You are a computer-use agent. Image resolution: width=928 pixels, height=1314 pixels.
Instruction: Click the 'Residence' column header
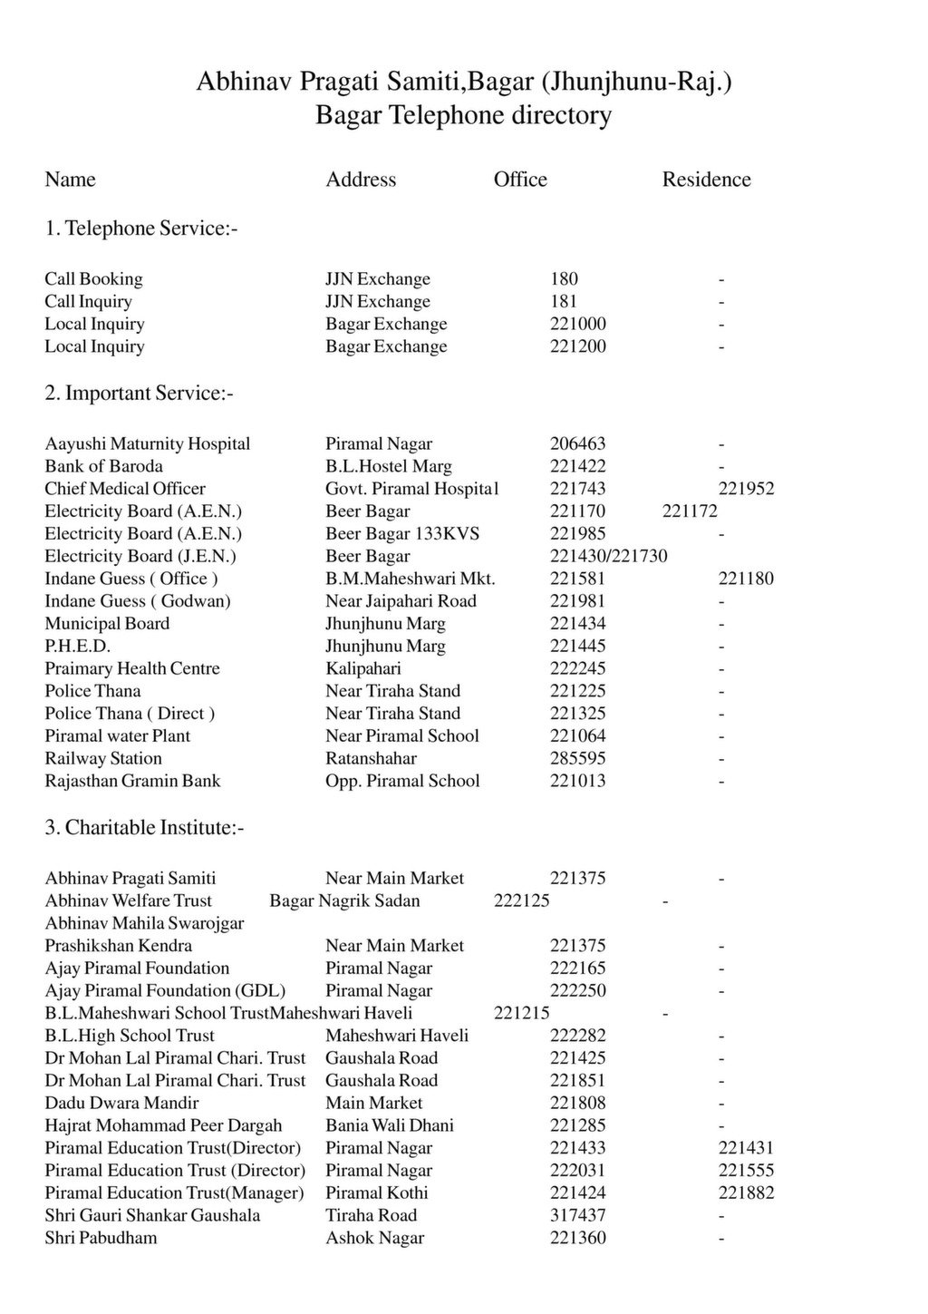[x=706, y=180]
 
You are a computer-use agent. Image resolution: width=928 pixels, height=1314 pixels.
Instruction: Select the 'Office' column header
[x=520, y=180]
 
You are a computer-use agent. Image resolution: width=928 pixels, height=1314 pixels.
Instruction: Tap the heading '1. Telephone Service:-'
[x=141, y=229]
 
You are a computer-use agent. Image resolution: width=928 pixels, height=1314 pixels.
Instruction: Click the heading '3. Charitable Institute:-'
[x=145, y=828]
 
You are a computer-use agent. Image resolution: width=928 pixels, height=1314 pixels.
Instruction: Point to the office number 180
[x=564, y=279]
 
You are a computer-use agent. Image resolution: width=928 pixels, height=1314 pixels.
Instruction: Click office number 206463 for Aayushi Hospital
[x=577, y=444]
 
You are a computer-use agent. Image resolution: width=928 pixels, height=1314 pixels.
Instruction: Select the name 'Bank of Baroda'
[x=104, y=467]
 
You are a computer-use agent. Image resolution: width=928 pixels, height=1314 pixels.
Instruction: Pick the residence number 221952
[x=746, y=490]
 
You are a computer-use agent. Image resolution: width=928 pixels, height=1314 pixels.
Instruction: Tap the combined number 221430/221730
[x=608, y=557]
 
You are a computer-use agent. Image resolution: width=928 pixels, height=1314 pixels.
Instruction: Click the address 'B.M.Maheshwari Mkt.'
[x=411, y=579]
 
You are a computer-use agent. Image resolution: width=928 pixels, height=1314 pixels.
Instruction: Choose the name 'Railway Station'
[x=103, y=759]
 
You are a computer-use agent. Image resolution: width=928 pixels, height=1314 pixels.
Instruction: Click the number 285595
[x=577, y=759]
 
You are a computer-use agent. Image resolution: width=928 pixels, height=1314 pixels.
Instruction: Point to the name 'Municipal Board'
[x=107, y=624]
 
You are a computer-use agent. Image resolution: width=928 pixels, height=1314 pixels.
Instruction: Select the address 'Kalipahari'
[x=362, y=669]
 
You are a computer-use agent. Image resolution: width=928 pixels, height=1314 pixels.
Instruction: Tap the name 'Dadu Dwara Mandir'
[x=121, y=1104]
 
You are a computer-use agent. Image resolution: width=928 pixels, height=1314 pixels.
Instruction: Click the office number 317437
[x=577, y=1216]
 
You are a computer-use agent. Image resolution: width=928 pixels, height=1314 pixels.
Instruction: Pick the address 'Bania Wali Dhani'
[x=390, y=1126]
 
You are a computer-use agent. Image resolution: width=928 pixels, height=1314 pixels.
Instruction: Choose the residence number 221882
[x=746, y=1193]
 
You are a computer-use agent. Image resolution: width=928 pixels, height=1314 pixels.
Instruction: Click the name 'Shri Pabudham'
[x=101, y=1239]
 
